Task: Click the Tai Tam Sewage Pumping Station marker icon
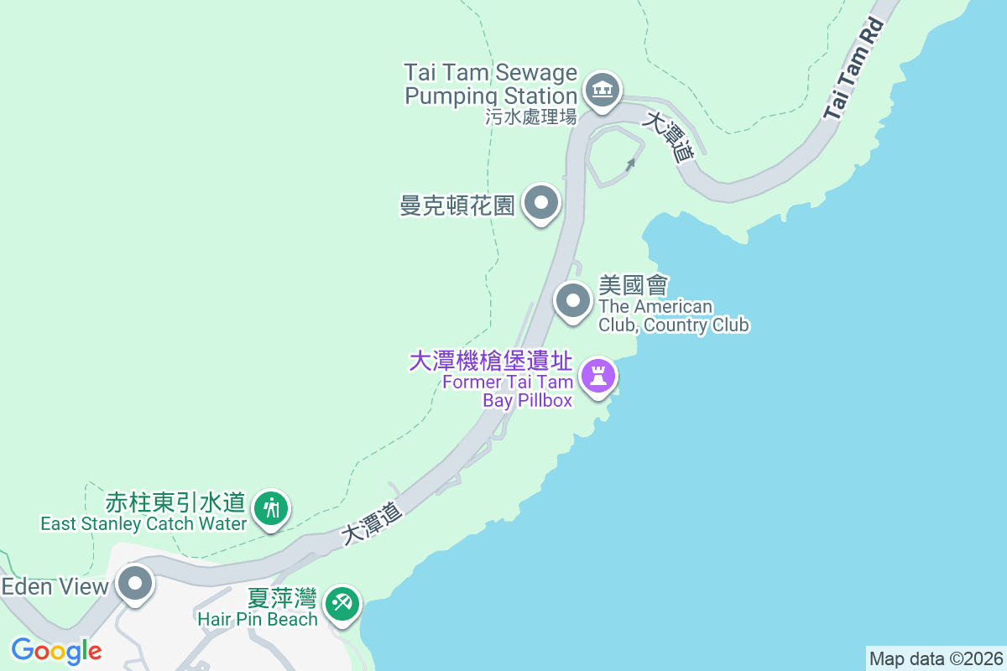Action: click(601, 88)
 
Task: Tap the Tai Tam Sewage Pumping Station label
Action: click(491, 84)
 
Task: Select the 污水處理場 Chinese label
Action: click(531, 117)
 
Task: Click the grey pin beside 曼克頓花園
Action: click(541, 203)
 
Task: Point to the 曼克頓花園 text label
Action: click(457, 205)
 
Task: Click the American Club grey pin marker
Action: click(574, 300)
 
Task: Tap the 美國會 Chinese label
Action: click(633, 286)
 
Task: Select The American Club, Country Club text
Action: click(673, 316)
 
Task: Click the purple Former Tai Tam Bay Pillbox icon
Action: click(597, 374)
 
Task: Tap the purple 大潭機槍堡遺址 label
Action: click(491, 362)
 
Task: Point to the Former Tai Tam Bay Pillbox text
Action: click(509, 392)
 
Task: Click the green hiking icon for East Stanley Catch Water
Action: click(271, 507)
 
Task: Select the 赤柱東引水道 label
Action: click(175, 503)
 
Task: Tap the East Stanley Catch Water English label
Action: click(143, 524)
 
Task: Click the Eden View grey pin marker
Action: click(135, 583)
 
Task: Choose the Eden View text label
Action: click(55, 586)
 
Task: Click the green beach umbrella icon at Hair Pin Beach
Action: click(342, 603)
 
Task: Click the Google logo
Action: click(56, 650)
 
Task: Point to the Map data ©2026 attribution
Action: click(936, 658)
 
